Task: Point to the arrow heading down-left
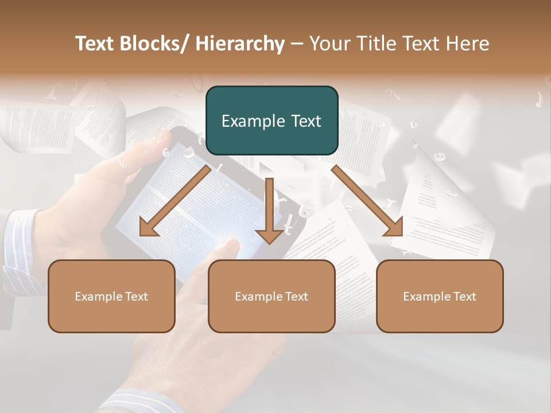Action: [175, 201]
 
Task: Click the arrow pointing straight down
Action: [269, 209]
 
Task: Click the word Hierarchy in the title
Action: [240, 44]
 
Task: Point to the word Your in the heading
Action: [329, 44]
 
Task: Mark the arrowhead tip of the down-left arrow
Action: [141, 235]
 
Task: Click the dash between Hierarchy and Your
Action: [297, 44]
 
